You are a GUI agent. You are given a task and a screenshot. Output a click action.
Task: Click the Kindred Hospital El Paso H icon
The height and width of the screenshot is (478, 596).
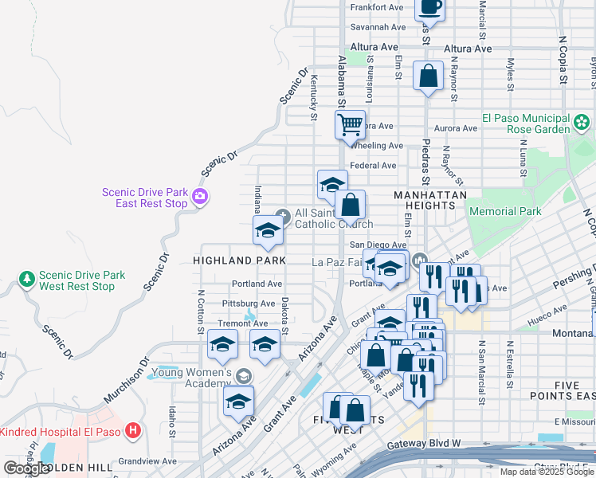133,431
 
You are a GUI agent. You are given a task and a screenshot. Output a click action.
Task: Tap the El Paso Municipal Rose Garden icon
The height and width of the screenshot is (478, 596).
582,123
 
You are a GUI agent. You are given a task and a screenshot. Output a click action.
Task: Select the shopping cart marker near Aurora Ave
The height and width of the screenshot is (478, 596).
350,125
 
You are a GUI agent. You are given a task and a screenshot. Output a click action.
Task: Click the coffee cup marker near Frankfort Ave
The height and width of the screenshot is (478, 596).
429,6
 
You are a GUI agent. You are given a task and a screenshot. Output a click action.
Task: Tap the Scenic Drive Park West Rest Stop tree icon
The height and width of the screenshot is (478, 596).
27,280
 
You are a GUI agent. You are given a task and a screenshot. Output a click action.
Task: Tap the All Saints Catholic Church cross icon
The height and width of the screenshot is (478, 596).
283,214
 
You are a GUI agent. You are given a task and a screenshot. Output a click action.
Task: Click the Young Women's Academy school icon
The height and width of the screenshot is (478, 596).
243,375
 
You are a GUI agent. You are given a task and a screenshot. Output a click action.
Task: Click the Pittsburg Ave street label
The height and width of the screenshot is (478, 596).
249,304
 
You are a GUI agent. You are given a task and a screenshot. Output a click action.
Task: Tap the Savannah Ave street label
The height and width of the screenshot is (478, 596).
378,27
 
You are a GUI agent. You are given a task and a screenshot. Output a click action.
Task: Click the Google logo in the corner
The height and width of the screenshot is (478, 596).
25,468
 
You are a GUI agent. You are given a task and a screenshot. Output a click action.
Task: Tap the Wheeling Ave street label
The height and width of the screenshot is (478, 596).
377,146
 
